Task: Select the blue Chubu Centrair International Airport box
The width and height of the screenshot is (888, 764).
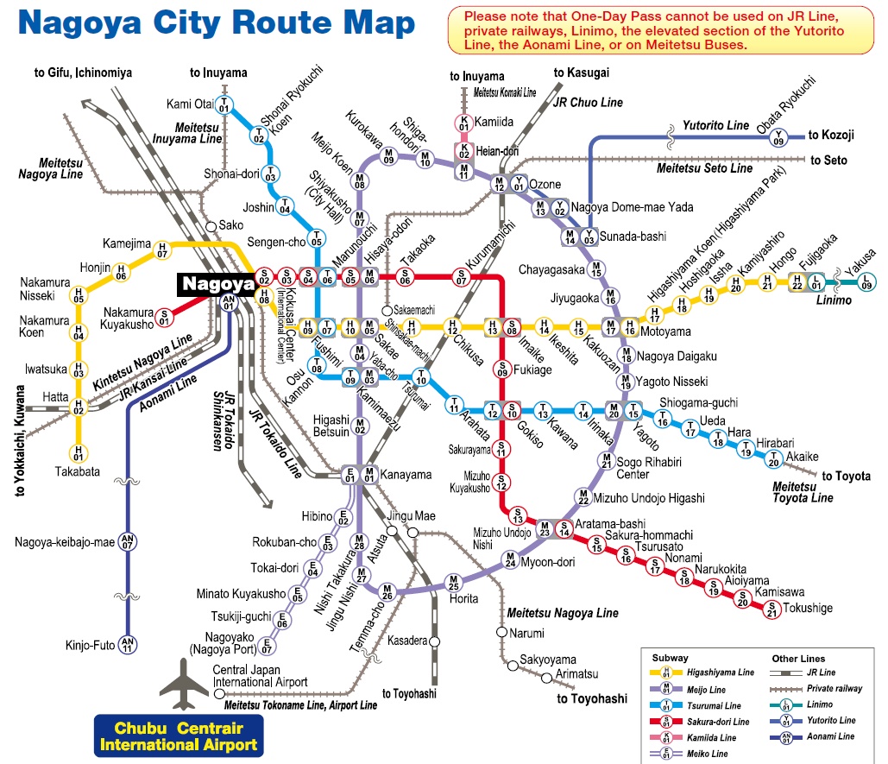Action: click(179, 736)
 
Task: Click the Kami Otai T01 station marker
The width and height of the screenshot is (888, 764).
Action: click(224, 106)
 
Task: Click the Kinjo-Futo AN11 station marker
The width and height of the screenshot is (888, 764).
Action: click(128, 644)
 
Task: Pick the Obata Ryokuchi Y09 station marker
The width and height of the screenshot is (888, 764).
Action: click(778, 136)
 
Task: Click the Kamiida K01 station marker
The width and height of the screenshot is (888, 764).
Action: click(463, 124)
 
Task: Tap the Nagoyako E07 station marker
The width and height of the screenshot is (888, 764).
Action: click(268, 643)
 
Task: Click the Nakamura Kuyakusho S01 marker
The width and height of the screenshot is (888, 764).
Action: click(162, 319)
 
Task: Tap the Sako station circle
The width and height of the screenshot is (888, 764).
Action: click(211, 226)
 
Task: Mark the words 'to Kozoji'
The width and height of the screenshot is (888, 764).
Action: click(832, 136)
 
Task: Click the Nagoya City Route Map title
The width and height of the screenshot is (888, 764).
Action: click(219, 24)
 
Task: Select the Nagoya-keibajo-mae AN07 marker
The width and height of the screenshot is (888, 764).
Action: click(128, 540)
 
